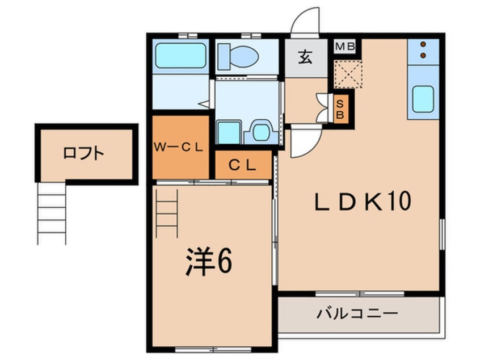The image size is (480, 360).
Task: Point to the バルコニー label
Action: (x=357, y=313)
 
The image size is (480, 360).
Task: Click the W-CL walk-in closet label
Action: (x=179, y=146)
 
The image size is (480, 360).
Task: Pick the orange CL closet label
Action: (x=242, y=165)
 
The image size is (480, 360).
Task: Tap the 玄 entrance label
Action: (x=306, y=57)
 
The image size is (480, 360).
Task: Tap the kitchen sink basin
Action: (x=423, y=99)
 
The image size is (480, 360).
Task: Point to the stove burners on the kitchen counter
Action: (x=423, y=50)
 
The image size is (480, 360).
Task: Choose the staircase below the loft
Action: (x=52, y=213)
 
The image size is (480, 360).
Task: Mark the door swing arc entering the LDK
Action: (x=302, y=142)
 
